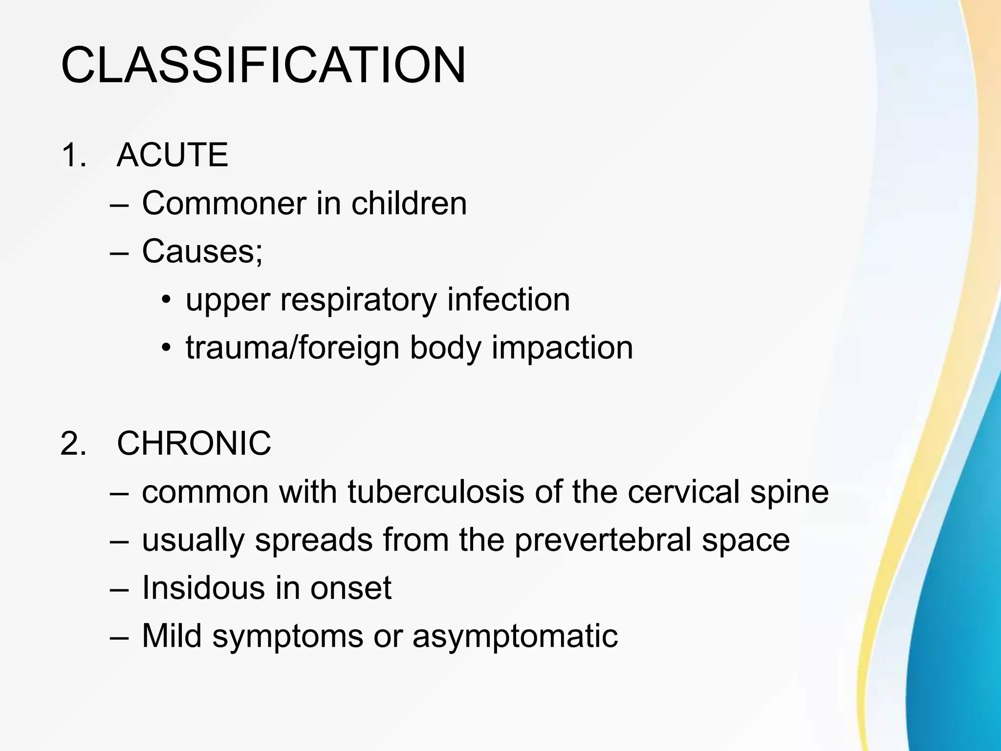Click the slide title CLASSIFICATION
263,66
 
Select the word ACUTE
173,155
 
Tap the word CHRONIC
194,443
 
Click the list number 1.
73,155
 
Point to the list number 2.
73,443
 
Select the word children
409,203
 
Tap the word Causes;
202,251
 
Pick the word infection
508,299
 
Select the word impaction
562,348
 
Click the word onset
351,588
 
